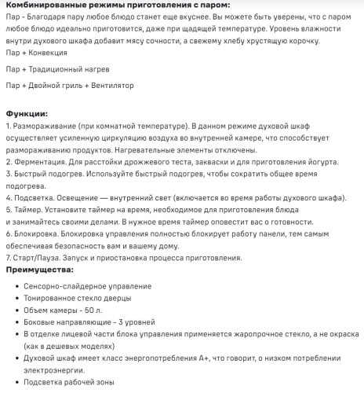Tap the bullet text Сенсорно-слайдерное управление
click(x=88, y=286)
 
